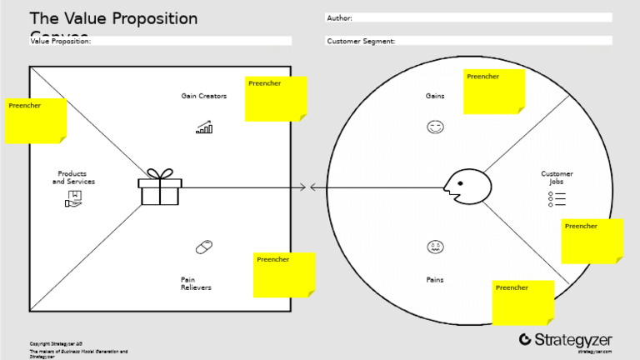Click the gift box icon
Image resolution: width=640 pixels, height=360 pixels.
(x=160, y=187)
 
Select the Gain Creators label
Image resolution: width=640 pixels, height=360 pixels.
(x=204, y=96)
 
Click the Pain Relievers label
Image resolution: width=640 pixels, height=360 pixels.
(x=196, y=283)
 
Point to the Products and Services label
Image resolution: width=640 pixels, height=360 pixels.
(x=73, y=177)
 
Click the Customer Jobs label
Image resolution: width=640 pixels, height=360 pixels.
(x=557, y=177)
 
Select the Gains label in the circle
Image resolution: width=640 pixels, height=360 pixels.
(x=435, y=96)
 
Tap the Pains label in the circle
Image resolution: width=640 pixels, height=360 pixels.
(x=435, y=280)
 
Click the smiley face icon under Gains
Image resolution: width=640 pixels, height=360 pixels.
(x=435, y=127)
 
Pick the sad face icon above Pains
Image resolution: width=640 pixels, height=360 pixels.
(x=435, y=247)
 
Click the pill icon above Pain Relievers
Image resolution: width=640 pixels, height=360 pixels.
(x=204, y=247)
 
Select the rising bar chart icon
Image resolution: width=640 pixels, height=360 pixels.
(x=204, y=127)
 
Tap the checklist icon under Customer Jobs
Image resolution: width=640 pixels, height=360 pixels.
(x=557, y=198)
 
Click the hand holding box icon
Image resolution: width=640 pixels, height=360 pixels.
(x=73, y=198)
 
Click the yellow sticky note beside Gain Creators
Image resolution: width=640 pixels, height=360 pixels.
(x=277, y=98)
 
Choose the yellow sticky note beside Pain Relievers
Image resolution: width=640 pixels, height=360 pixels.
(x=284, y=274)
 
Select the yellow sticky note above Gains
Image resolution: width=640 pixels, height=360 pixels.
(x=494, y=92)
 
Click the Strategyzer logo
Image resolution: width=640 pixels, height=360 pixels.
(x=566, y=339)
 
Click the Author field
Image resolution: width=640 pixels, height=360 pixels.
(x=468, y=17)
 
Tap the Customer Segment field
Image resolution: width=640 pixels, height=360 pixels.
(x=468, y=41)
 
